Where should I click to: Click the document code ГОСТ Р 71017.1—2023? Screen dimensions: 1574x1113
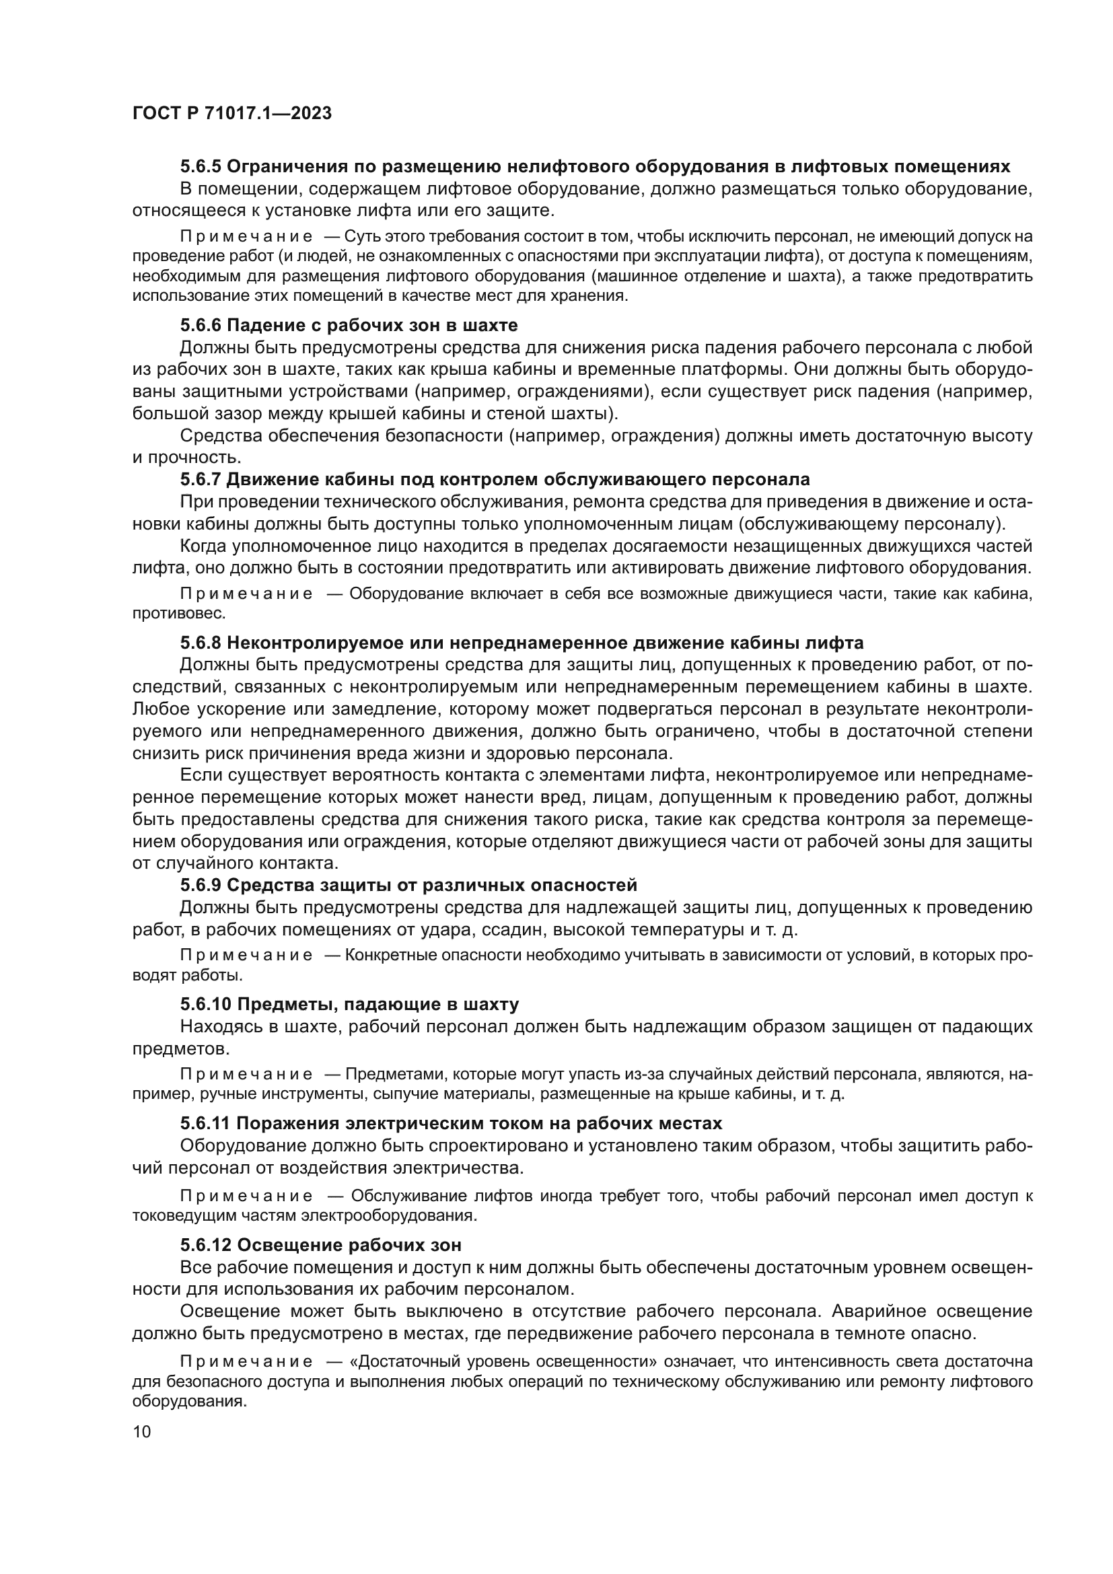tap(231, 114)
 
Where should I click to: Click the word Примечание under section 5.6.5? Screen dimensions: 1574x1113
tap(246, 237)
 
